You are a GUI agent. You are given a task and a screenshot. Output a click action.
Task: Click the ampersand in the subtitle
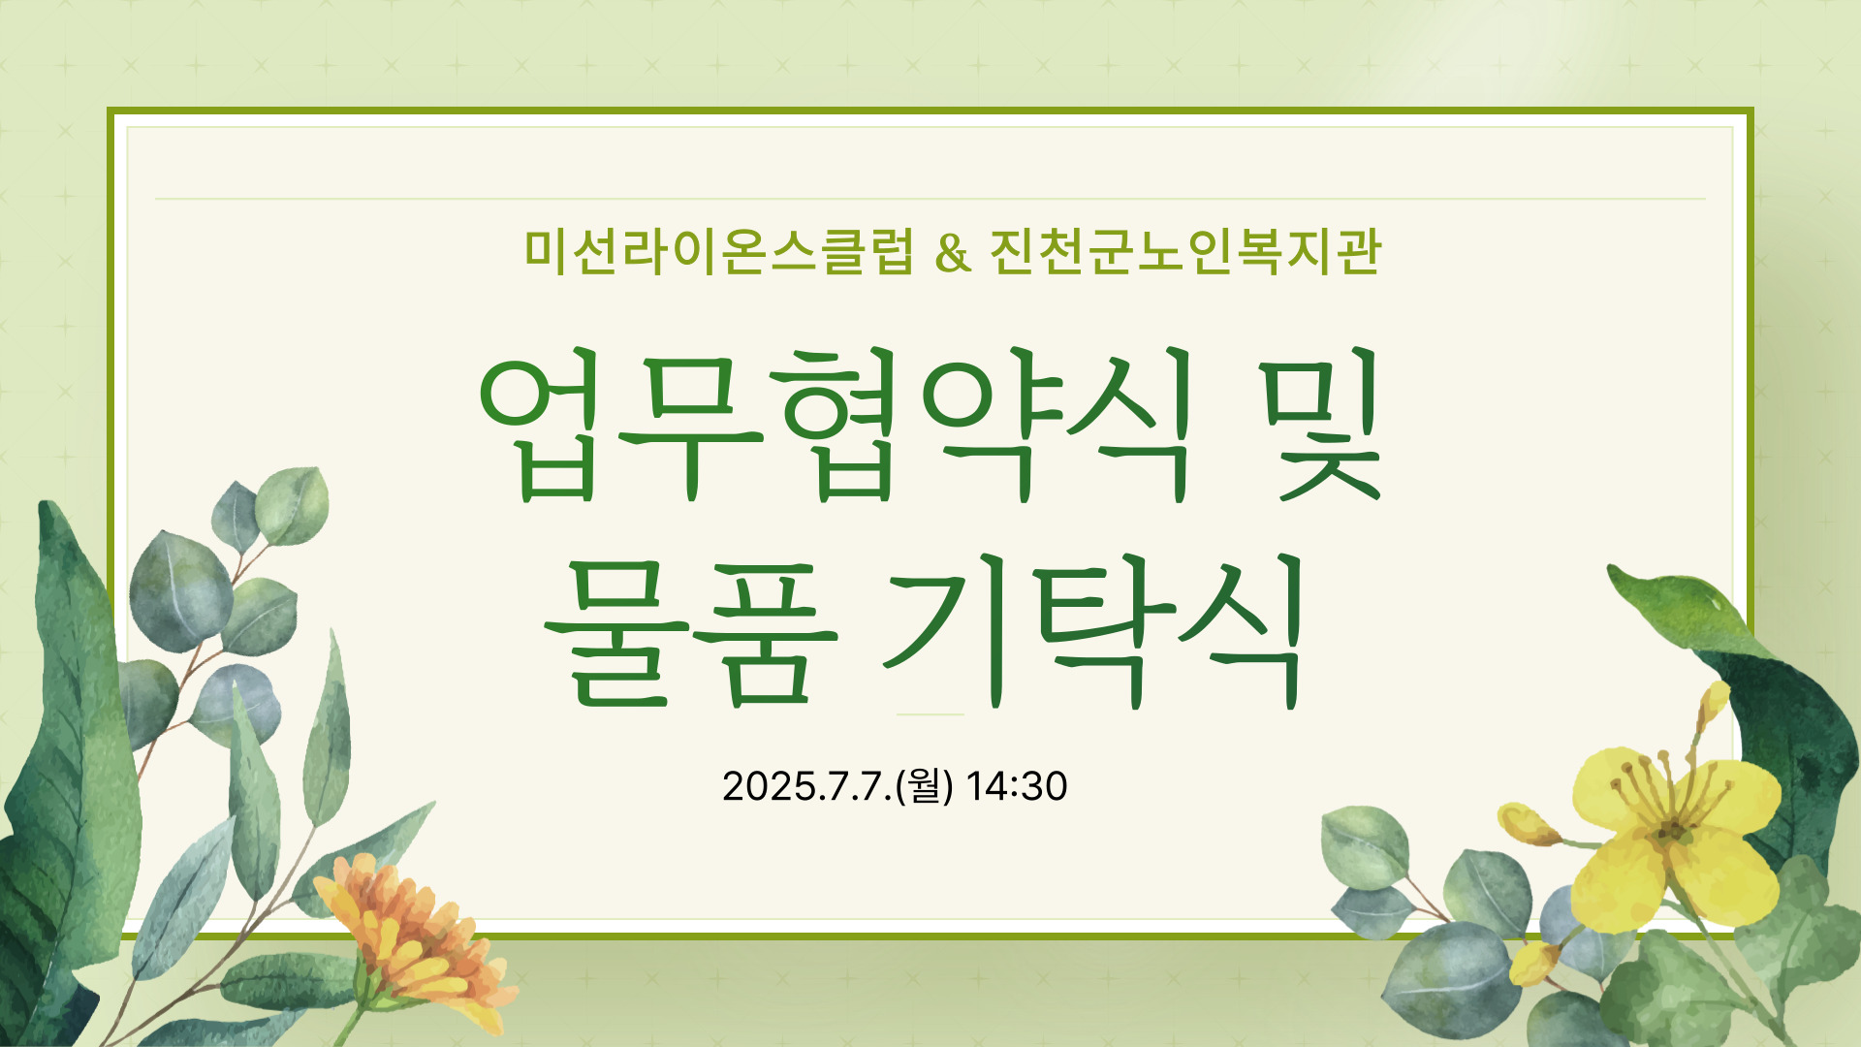point(954,253)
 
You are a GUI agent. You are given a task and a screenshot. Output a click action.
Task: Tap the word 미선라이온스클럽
point(719,252)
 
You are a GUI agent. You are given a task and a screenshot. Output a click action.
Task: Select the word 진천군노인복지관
point(1185,252)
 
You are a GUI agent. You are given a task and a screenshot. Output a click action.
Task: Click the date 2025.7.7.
point(807,786)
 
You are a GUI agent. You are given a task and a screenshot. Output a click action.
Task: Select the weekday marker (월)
point(925,786)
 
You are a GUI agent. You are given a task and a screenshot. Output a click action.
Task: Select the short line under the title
point(930,714)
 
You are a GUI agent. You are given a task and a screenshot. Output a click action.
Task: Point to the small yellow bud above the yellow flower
point(1714,700)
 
